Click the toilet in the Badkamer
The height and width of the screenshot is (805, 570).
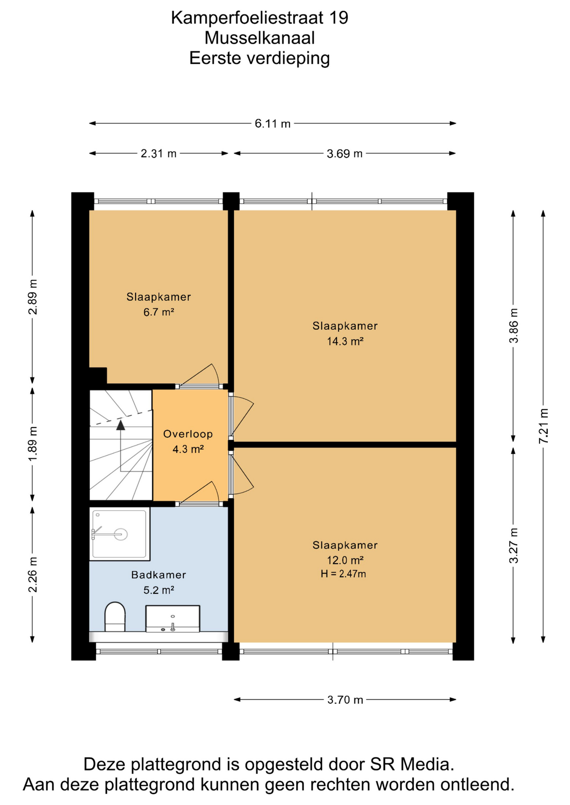(115, 617)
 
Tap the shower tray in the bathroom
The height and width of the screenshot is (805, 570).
(120, 534)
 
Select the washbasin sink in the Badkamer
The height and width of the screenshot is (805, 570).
(173, 618)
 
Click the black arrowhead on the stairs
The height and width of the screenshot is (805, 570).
(121, 425)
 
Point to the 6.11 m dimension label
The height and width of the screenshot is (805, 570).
(273, 124)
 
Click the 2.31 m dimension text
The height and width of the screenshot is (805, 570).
(159, 153)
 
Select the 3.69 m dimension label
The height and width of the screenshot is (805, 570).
(345, 153)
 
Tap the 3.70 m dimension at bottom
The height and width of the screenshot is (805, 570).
(345, 700)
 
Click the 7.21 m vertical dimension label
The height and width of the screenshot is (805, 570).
(544, 426)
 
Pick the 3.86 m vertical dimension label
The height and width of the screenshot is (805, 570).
(513, 325)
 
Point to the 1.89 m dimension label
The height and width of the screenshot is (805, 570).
(32, 444)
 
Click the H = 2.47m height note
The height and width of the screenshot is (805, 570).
(343, 574)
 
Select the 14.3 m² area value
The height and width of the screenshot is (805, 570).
(345, 341)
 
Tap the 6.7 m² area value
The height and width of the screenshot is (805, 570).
(159, 312)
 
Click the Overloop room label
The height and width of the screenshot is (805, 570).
(188, 434)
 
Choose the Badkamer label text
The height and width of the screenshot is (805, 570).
(159, 575)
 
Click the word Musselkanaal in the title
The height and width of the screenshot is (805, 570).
(259, 38)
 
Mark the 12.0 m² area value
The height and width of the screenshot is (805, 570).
(345, 560)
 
